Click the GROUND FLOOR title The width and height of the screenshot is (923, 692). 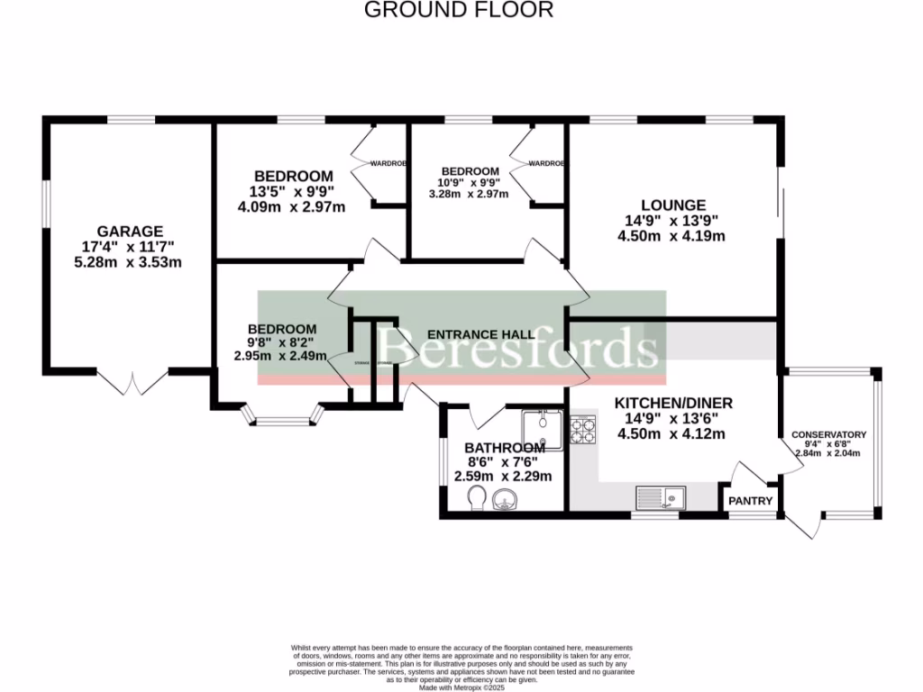pos(458,10)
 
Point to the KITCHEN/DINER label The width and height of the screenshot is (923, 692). pos(673,403)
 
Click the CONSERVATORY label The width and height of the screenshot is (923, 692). pos(829,435)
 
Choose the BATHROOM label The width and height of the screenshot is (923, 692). pos(505,448)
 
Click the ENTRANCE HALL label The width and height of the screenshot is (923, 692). pos(480,334)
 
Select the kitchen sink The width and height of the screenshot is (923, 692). pos(661,497)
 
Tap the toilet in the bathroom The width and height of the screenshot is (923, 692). pos(477,496)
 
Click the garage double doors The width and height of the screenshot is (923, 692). pos(133,383)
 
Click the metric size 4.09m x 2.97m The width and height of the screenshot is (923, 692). pos(291,206)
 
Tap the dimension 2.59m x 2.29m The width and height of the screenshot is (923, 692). pos(507,477)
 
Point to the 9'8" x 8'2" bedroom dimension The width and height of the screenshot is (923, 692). pos(282,342)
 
